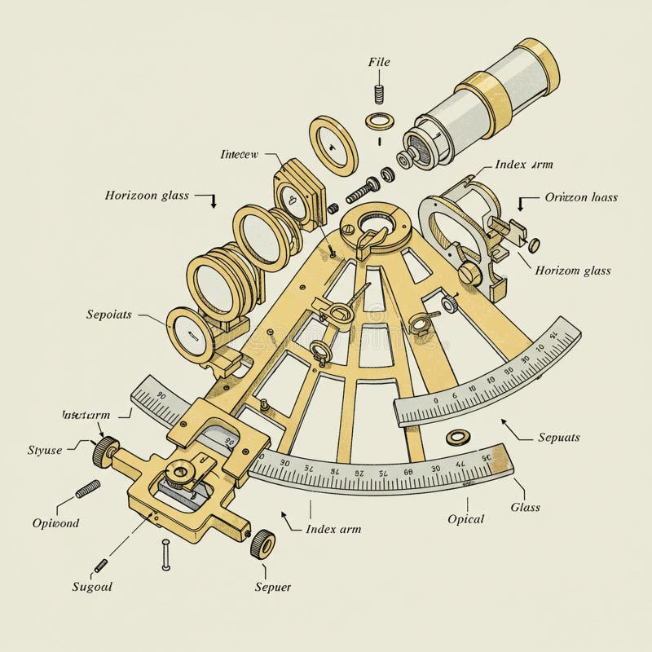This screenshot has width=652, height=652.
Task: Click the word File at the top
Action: point(380,62)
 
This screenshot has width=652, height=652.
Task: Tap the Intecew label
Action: point(240,152)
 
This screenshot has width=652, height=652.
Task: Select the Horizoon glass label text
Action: point(147,196)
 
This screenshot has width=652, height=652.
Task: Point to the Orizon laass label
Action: point(581,197)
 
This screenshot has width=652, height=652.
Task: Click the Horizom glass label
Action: point(572,271)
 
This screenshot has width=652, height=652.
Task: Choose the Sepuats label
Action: point(558,438)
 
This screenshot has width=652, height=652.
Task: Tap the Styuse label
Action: point(45,450)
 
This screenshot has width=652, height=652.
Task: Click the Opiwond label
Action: point(55,523)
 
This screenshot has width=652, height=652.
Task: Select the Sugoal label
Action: point(91,587)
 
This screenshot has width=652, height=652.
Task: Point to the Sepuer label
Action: point(272,587)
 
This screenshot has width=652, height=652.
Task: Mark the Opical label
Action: point(466,519)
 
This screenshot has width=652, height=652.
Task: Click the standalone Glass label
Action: point(526,507)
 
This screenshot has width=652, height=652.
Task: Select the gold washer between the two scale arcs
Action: point(457,437)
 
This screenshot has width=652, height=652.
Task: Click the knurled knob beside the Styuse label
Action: point(104,450)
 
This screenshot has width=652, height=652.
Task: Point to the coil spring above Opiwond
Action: point(87,489)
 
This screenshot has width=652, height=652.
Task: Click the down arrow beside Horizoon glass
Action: point(214,200)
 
